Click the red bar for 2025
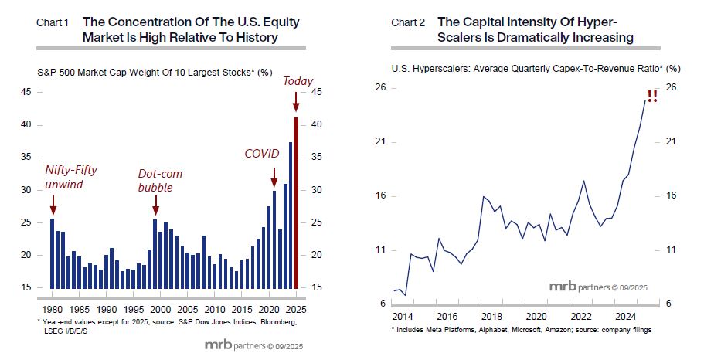(x=296, y=202)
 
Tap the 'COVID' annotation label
(x=262, y=154)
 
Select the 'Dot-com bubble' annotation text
(x=161, y=180)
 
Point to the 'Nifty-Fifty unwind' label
(x=70, y=178)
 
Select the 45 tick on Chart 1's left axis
(x=27, y=92)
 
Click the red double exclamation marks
(x=653, y=96)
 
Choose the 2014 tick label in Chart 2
(x=403, y=316)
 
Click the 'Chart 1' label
(x=53, y=22)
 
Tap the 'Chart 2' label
(x=409, y=22)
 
